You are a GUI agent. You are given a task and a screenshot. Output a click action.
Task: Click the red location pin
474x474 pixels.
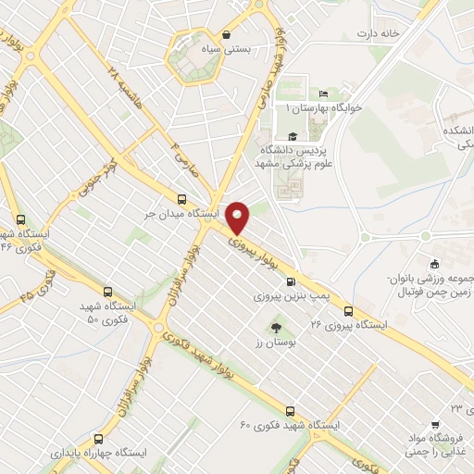tap(238, 218)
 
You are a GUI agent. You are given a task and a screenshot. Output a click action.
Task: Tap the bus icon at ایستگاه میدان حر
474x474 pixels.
tap(181, 199)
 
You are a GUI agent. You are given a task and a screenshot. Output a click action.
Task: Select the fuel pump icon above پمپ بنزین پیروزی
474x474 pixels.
tap(291, 283)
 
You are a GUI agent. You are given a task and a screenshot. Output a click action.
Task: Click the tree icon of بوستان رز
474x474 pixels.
tap(275, 327)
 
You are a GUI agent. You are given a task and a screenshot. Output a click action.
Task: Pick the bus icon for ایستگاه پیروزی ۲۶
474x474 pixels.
tap(349, 310)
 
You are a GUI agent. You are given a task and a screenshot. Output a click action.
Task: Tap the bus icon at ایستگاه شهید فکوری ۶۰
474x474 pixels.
tap(290, 411)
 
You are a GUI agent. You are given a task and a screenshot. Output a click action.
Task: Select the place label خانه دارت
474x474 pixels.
tap(380, 33)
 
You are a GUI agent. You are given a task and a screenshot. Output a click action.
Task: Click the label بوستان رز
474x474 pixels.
tap(275, 343)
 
